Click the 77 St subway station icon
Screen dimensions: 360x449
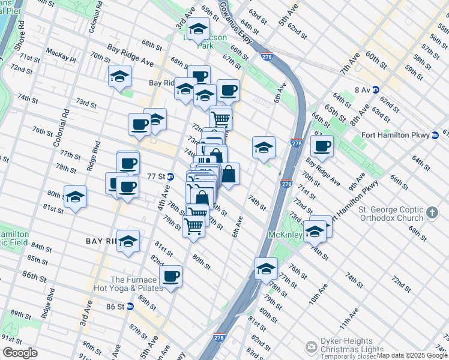(x=170, y=177)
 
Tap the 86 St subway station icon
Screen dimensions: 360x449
(x=129, y=306)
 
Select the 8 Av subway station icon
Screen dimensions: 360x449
(x=376, y=90)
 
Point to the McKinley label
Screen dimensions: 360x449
(x=285, y=234)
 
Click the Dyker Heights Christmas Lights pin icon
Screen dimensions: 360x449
(x=311, y=347)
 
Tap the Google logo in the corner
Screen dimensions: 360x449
(x=19, y=353)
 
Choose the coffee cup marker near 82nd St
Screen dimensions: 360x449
(x=171, y=276)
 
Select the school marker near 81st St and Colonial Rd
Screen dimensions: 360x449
(x=75, y=196)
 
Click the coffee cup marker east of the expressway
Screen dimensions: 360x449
(x=322, y=146)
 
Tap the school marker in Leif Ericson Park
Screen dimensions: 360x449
(x=197, y=28)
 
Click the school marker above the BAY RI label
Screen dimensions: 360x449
(x=128, y=241)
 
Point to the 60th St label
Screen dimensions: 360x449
(x=376, y=59)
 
